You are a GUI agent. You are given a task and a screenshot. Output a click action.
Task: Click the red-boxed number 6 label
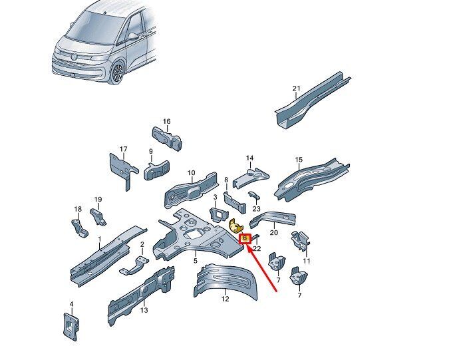coord(245,238)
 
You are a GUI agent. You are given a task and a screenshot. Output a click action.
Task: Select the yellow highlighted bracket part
coord(236,226)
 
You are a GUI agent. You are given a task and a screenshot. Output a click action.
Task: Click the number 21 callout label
coord(296,89)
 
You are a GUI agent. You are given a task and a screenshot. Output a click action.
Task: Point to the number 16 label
coord(167,121)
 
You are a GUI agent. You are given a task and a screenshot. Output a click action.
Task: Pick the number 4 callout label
coord(72,304)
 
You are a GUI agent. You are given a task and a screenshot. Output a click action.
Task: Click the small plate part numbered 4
coord(71,327)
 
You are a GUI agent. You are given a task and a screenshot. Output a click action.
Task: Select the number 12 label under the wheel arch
coord(225,299)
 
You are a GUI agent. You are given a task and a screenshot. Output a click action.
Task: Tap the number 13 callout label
coord(144,310)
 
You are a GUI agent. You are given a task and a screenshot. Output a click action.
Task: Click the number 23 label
coord(257,209)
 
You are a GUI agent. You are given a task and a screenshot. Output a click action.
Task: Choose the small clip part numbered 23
coord(253,196)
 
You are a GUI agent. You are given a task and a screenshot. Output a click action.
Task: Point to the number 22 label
coord(257,248)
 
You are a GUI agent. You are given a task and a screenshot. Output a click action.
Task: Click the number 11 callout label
coord(307,261)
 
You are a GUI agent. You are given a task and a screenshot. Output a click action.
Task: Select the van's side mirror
coord(133,36)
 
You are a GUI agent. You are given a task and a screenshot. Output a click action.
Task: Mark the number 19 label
coord(98,200)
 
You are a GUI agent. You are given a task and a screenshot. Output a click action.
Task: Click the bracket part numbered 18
coord(79,228)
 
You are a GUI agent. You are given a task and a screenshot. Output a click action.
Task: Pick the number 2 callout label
coord(142,244)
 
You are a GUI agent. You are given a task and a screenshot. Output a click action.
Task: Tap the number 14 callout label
coord(249,158)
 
